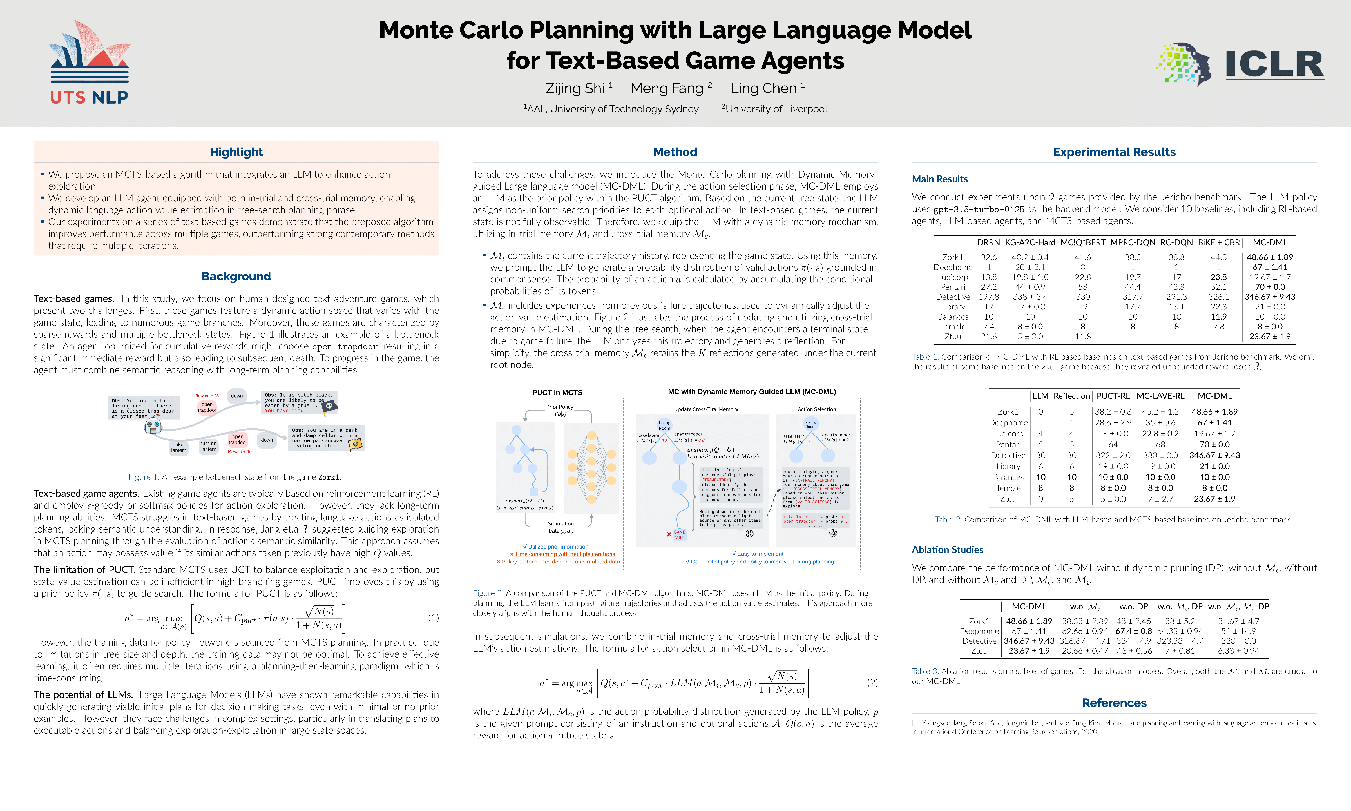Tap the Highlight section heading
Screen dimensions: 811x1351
[x=236, y=152]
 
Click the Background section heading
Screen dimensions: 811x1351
[x=236, y=277]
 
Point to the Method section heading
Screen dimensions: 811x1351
[x=675, y=152]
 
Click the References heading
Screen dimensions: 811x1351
[x=1114, y=703]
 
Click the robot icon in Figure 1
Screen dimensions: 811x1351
[x=153, y=425]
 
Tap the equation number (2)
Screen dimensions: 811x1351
[x=872, y=683]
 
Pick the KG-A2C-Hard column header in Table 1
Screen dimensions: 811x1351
[x=1030, y=243]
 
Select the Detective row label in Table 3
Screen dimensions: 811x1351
[x=979, y=641]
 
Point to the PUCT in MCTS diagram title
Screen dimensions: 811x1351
[x=557, y=392]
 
